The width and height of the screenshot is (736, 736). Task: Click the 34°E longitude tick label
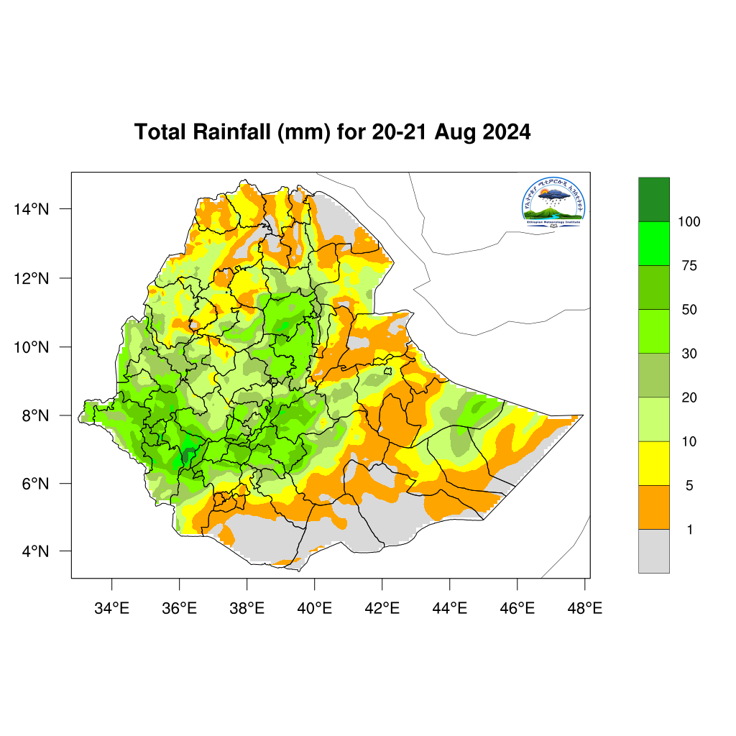[x=111, y=609]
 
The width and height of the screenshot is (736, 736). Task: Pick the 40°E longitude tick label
[x=314, y=609]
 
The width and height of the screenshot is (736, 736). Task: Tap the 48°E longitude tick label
[x=584, y=609]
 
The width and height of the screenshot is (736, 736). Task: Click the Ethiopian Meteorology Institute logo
[x=554, y=202]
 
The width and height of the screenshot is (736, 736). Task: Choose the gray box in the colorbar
[x=653, y=551]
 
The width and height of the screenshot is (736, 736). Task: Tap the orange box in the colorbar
[x=653, y=507]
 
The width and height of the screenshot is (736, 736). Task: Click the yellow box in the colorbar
[x=653, y=464]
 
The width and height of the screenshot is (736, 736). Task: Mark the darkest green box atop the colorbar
[x=653, y=199]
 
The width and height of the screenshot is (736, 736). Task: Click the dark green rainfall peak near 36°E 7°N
[x=185, y=456]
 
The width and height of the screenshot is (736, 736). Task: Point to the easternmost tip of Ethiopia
[x=582, y=415]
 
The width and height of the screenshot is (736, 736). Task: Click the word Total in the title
[x=159, y=133]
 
